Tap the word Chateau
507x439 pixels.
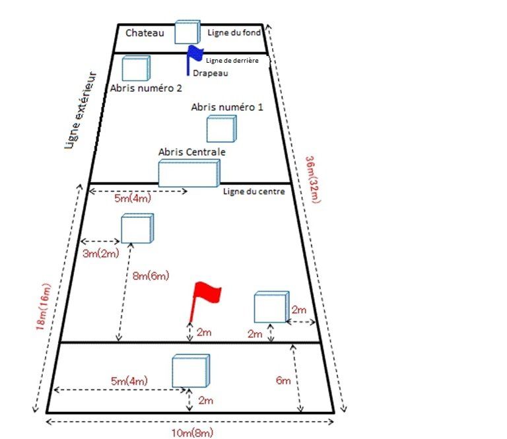click(x=145, y=32)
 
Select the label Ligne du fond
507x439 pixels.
click(x=234, y=32)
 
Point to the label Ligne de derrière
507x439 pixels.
click(x=236, y=61)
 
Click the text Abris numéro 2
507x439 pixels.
click(x=146, y=87)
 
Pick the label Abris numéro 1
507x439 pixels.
click(x=227, y=107)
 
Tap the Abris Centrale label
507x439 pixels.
click(x=192, y=152)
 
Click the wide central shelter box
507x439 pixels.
click(x=189, y=173)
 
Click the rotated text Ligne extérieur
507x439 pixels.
click(x=82, y=110)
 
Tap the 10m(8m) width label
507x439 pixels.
click(x=192, y=432)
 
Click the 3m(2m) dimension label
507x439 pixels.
click(x=97, y=253)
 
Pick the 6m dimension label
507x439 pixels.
click(x=283, y=380)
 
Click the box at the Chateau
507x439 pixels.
click(x=187, y=32)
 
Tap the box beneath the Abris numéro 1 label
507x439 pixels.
click(x=221, y=129)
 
